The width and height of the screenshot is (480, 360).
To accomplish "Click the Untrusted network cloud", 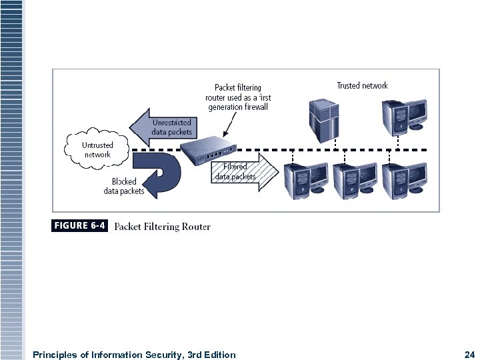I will click(97, 149).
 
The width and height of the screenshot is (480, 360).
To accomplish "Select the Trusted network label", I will click(362, 85).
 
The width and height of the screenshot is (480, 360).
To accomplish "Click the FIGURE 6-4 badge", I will click(79, 226).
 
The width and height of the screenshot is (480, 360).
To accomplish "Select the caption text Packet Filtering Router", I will click(162, 227).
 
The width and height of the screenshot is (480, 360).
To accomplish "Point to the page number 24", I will click(468, 355).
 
